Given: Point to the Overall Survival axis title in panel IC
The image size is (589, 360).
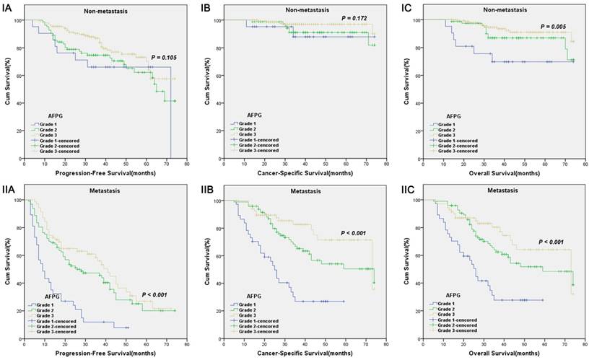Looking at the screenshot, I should click(505, 172).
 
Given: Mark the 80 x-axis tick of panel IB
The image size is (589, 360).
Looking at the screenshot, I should click(386, 164).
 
